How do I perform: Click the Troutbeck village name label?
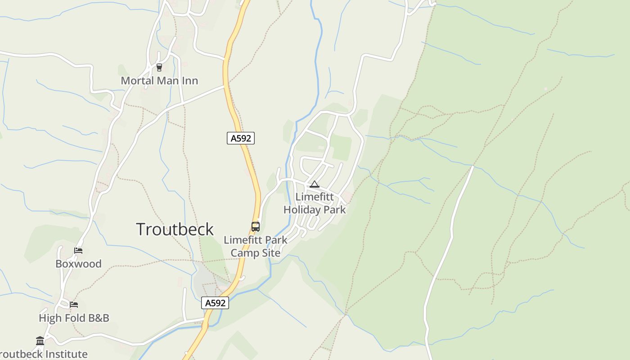coord(175,229)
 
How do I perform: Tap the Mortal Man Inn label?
coord(159,81)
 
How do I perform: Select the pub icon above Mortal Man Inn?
coord(159,67)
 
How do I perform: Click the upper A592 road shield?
coord(241,138)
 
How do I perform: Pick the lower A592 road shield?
coord(215,303)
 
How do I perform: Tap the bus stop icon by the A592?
coord(256,226)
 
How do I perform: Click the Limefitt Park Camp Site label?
coord(256,246)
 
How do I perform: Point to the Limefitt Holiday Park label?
coord(315,203)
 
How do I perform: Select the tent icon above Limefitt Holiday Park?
coord(314,184)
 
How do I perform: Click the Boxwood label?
coord(78,264)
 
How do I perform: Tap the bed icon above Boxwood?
coord(78,251)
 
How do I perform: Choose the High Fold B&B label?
coord(74,318)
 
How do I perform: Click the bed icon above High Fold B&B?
coord(74,305)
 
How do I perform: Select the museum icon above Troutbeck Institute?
coord(40,341)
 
